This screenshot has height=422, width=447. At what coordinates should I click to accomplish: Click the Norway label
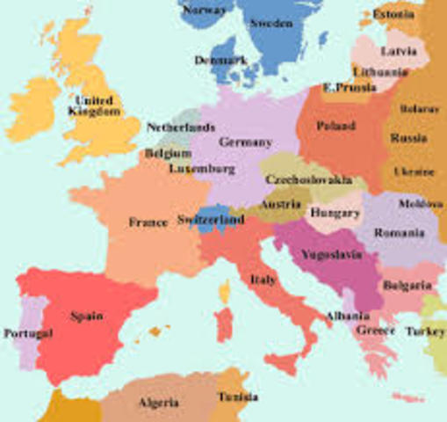coord(207,10)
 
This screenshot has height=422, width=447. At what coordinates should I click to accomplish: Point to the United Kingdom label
coord(96,106)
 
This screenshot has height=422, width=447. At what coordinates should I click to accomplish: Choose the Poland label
coord(335,126)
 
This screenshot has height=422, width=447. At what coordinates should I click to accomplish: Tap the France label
coord(148,222)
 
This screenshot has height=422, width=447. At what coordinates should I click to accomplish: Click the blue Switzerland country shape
coord(211,219)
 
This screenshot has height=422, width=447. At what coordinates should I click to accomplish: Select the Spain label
coord(87,316)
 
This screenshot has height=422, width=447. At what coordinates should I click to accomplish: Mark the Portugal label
coord(27,333)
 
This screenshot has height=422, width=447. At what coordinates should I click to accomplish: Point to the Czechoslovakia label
coord(309,179)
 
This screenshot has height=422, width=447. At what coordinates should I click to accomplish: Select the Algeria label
coord(159,403)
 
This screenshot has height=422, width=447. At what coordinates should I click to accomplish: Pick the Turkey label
coord(425,331)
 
